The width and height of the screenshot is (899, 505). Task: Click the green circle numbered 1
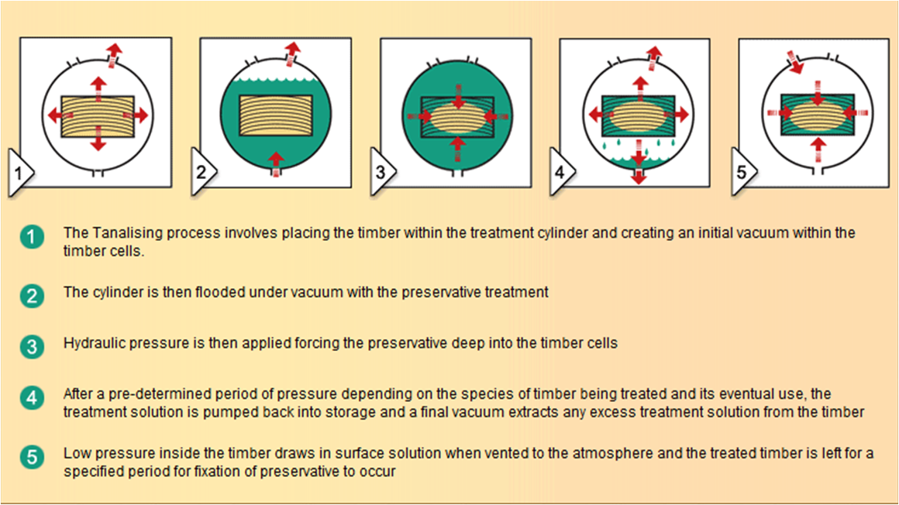tap(32, 237)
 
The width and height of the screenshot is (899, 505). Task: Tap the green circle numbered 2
tap(32, 297)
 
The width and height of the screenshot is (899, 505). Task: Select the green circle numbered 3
tap(32, 347)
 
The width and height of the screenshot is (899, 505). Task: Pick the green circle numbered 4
tap(32, 398)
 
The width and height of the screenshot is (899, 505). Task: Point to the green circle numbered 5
tap(32, 458)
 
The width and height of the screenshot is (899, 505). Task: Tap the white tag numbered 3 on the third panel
tap(382, 172)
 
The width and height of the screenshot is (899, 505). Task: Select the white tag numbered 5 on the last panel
tap(743, 172)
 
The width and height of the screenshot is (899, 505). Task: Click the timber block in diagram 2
tap(276, 115)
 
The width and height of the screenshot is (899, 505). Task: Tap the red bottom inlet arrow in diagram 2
tap(276, 164)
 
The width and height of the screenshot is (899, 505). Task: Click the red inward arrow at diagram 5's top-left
tap(794, 63)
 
